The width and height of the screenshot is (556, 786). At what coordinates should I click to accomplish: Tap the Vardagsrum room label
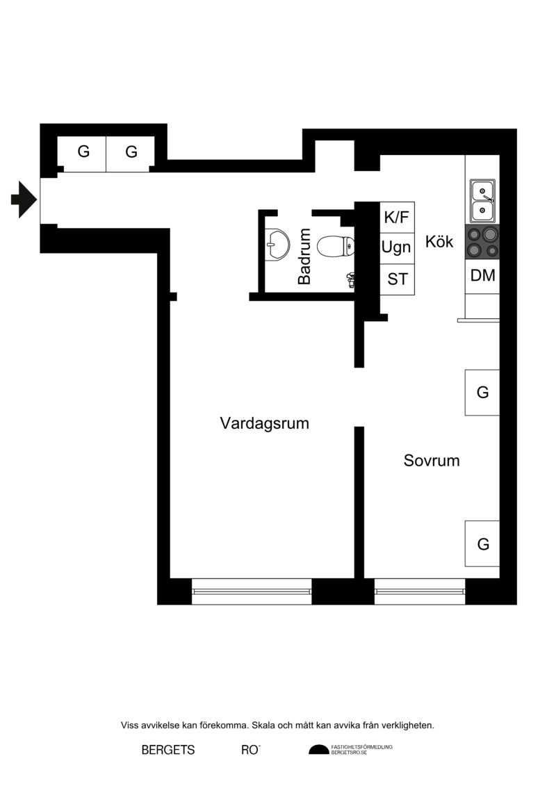click(x=264, y=423)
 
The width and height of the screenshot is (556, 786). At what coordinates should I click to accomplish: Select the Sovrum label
click(x=431, y=460)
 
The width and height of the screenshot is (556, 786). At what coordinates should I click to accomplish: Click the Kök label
click(x=439, y=241)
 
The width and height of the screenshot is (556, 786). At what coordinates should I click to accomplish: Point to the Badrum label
click(x=304, y=256)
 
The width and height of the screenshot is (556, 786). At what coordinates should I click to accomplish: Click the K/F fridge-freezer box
click(x=397, y=217)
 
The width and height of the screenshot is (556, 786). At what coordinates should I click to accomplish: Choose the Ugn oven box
click(x=397, y=248)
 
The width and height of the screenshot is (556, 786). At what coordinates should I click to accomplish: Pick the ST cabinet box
click(x=397, y=279)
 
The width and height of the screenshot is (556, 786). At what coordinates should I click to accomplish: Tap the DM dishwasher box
click(x=482, y=276)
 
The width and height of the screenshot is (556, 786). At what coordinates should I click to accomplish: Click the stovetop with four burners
click(x=482, y=242)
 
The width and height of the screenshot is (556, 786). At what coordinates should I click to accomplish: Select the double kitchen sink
click(x=482, y=201)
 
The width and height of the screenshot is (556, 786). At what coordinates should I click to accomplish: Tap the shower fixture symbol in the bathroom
click(x=351, y=279)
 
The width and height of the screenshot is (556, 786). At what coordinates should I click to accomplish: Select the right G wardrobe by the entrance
click(x=131, y=154)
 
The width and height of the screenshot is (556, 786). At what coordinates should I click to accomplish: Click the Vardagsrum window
click(x=252, y=591)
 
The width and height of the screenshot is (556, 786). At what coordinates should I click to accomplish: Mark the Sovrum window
click(x=420, y=591)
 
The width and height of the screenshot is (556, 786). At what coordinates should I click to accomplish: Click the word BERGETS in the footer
click(x=168, y=750)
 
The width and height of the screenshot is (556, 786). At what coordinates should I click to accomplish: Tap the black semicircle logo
click(x=319, y=750)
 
